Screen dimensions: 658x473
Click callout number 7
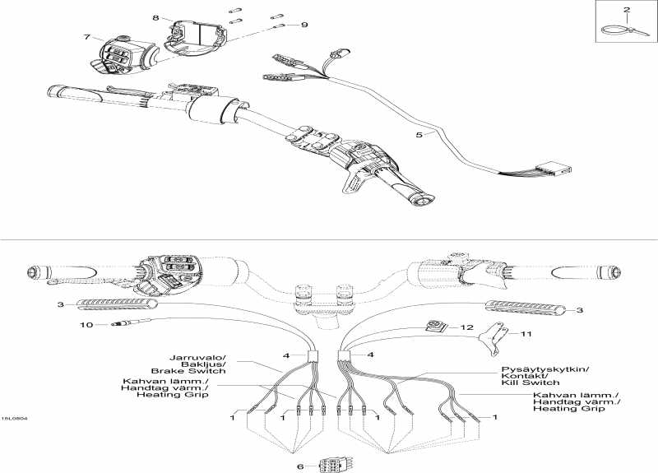click(87, 37)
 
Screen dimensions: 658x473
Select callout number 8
click(155, 17)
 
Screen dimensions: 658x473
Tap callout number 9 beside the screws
click(304, 25)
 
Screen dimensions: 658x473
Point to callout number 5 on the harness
click(419, 135)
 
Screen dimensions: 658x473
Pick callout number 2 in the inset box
click(627, 9)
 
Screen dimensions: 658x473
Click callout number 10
click(86, 324)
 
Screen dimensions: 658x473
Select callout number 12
click(467, 327)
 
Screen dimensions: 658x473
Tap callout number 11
click(526, 334)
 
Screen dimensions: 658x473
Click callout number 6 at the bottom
click(300, 466)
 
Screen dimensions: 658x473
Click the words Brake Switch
click(188, 371)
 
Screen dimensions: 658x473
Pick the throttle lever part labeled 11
click(493, 338)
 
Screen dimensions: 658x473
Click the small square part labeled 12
click(433, 326)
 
